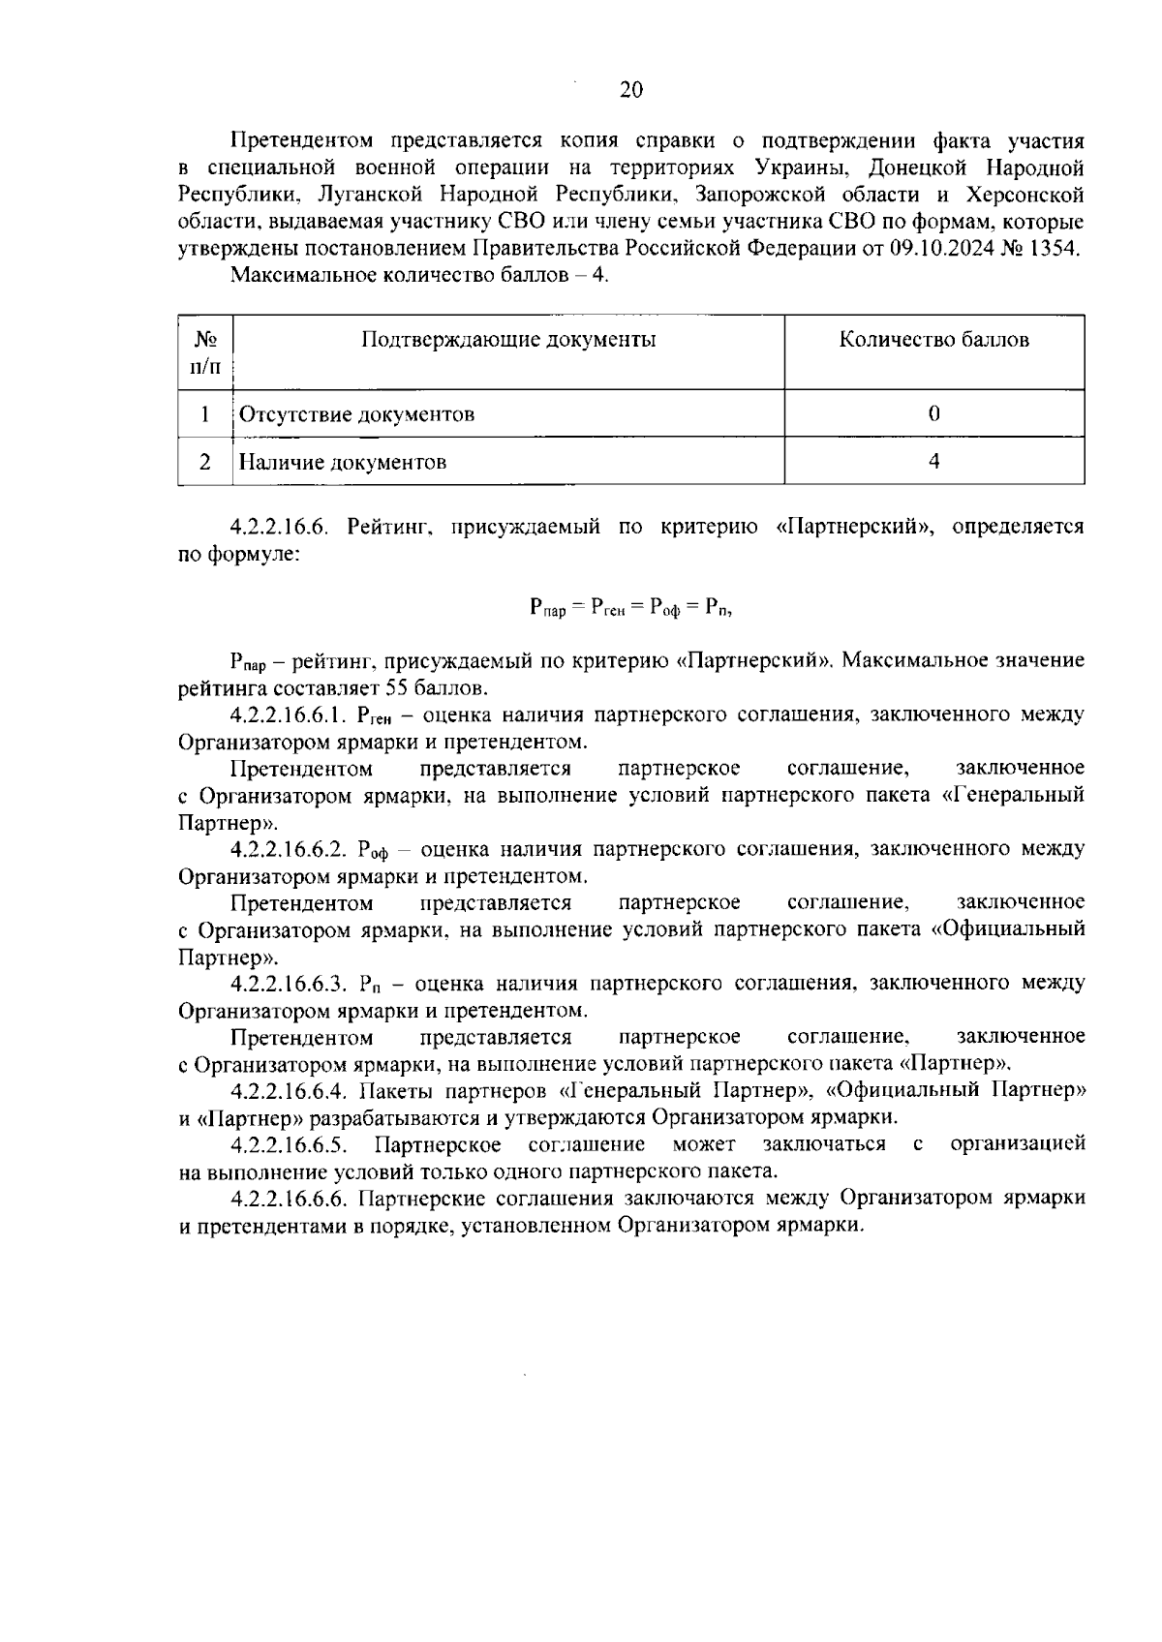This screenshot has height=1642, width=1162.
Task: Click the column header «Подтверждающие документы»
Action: pyautogui.click(x=508, y=340)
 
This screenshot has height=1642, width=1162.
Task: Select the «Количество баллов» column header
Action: pyautogui.click(x=933, y=340)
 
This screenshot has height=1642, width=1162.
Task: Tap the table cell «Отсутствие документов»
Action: pyautogui.click(x=356, y=414)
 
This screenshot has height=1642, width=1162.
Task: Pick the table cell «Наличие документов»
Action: pyautogui.click(x=343, y=462)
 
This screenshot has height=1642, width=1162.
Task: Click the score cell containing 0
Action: pyautogui.click(x=933, y=414)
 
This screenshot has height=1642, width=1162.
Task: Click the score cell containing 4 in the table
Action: pyautogui.click(x=933, y=462)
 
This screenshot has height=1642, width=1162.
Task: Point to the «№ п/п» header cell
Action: pyautogui.click(x=205, y=352)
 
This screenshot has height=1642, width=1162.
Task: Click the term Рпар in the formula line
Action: pyautogui.click(x=548, y=608)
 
